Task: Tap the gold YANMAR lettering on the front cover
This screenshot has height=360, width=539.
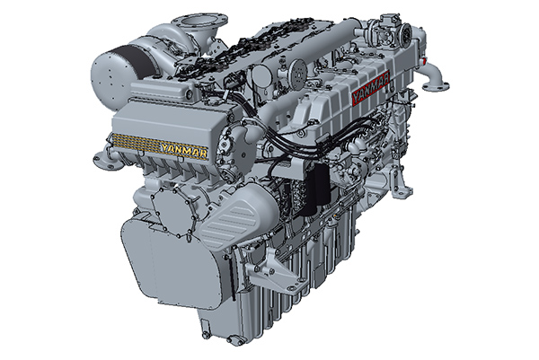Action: click(184, 151)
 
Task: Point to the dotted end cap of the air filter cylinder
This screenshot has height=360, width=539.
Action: click(107, 75)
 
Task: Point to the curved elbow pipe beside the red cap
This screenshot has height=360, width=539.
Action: click(435, 76)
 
